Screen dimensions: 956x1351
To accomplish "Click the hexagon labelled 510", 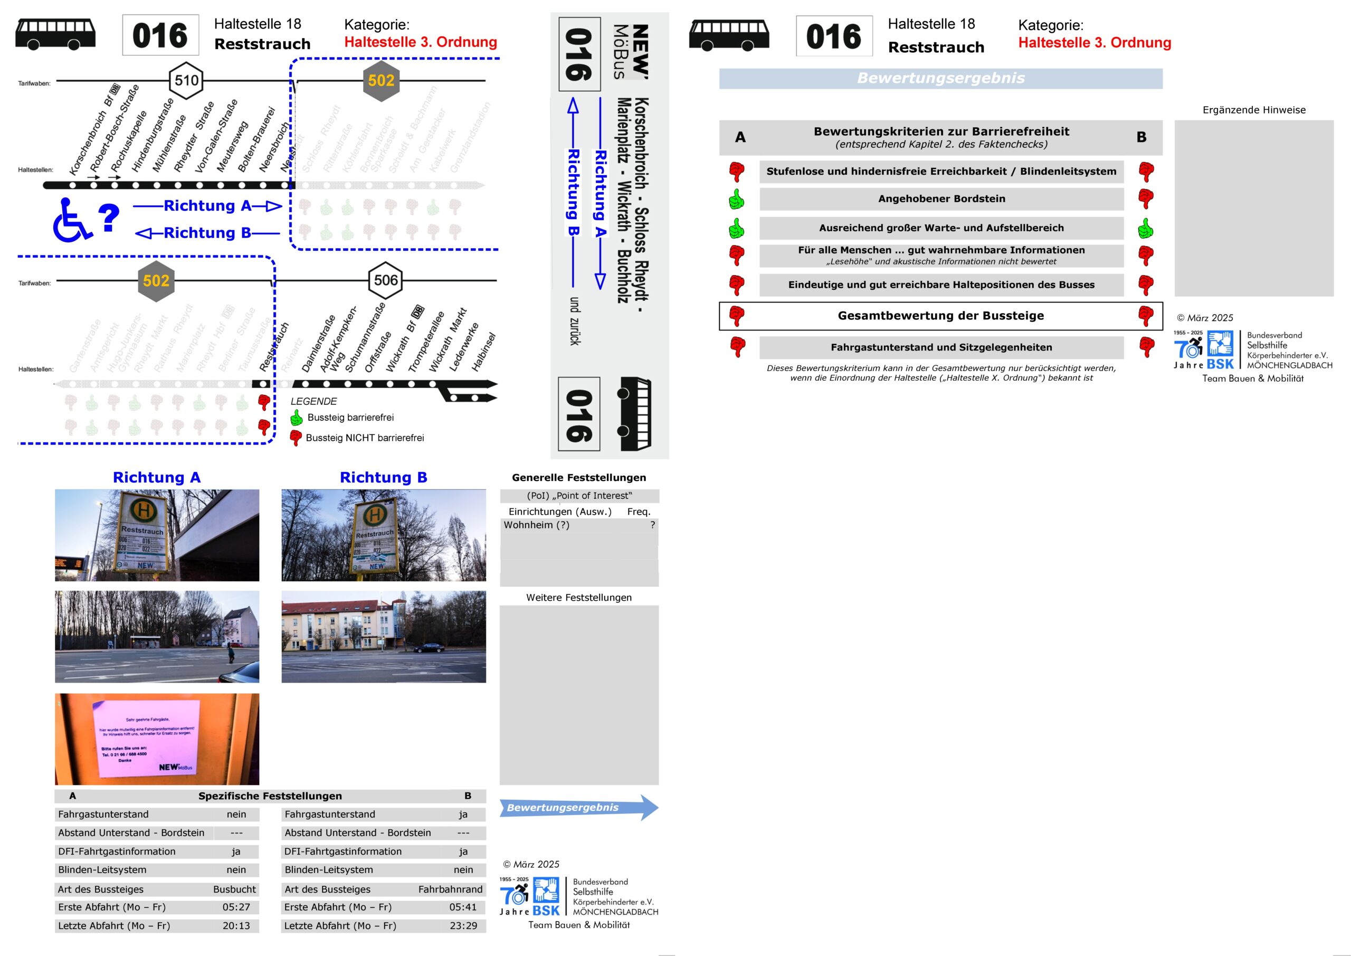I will click(x=186, y=81).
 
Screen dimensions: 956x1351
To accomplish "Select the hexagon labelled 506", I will click(x=386, y=280).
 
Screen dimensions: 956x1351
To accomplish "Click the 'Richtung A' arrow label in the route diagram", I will click(x=208, y=205).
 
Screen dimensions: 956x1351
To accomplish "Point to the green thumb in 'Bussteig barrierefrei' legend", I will click(x=297, y=418).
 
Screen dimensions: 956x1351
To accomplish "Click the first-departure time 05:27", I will click(x=236, y=907).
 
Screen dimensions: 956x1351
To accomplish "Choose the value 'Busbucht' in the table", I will click(x=234, y=889).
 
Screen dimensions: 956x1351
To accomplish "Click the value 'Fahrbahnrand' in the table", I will click(x=450, y=889).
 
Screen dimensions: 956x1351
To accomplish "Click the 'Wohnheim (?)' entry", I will click(x=537, y=525).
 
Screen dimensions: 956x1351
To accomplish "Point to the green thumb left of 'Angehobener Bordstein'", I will click(x=736, y=200).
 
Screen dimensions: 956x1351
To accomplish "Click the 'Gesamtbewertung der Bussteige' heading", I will click(x=940, y=316).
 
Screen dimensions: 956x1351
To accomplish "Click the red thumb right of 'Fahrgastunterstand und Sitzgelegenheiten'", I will click(x=1146, y=347).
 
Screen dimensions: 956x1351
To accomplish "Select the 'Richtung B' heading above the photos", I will click(x=383, y=477).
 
